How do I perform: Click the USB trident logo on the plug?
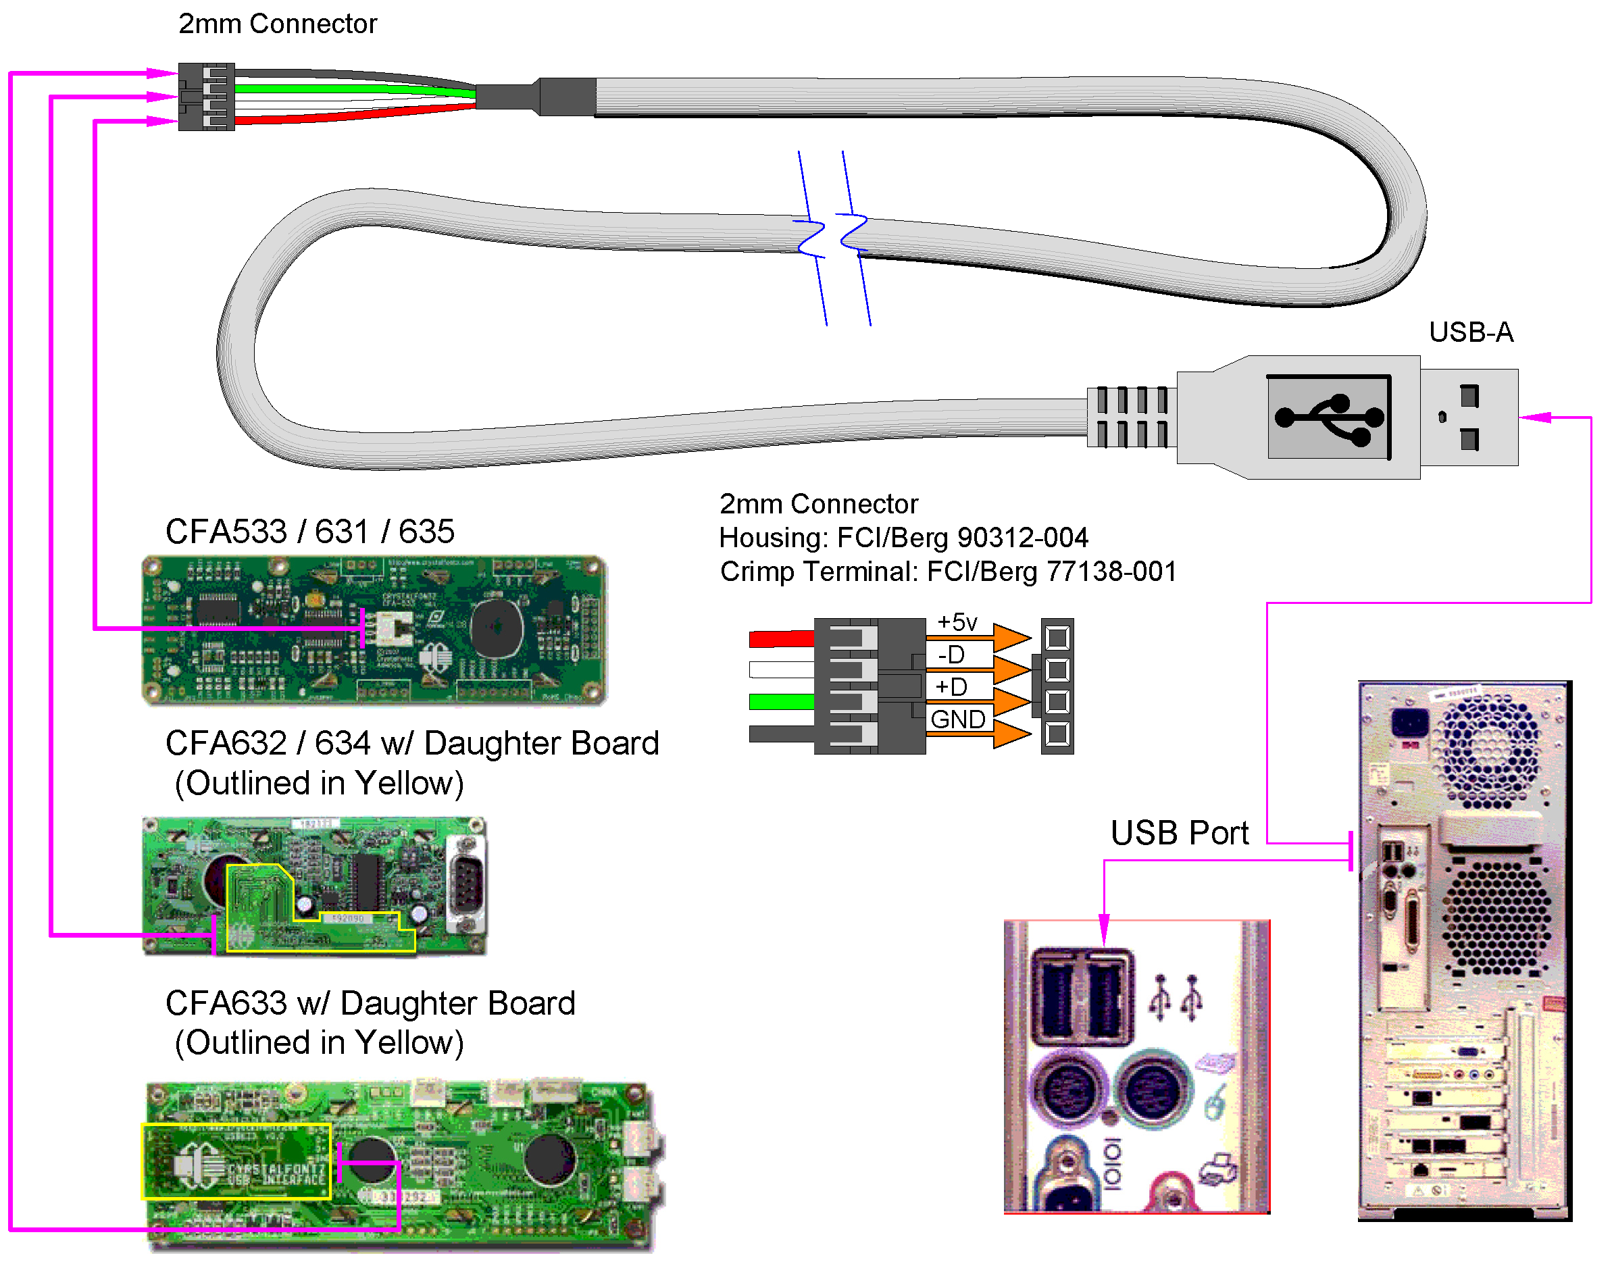coord(1330,418)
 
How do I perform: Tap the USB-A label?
coord(1471,332)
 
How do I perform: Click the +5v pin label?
coord(957,621)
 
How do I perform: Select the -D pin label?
coord(951,655)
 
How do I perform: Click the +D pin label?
coord(951,686)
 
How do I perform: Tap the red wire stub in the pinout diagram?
coord(782,638)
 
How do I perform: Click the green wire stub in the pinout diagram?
coord(782,701)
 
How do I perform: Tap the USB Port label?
coord(1179,833)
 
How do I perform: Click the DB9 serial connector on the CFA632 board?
coord(466,884)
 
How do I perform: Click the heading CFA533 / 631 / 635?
coord(309,532)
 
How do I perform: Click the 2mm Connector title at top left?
coord(278,24)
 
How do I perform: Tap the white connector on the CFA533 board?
coord(393,629)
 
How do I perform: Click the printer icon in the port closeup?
coord(1218,1168)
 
